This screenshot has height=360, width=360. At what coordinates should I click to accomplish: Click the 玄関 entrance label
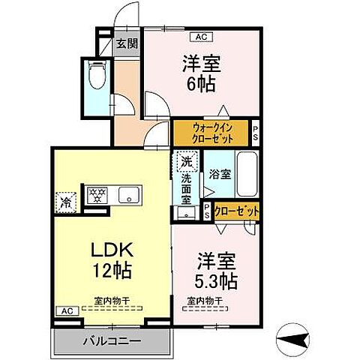(x=127, y=43)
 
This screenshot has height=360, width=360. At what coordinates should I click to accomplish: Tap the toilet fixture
(x=97, y=75)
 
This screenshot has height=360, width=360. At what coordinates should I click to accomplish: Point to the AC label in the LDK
(x=66, y=310)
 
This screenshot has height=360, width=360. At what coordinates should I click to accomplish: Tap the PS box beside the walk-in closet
(x=255, y=133)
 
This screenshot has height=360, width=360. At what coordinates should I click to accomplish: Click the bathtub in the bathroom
(x=247, y=174)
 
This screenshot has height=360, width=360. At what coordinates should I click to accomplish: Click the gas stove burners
(x=97, y=195)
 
